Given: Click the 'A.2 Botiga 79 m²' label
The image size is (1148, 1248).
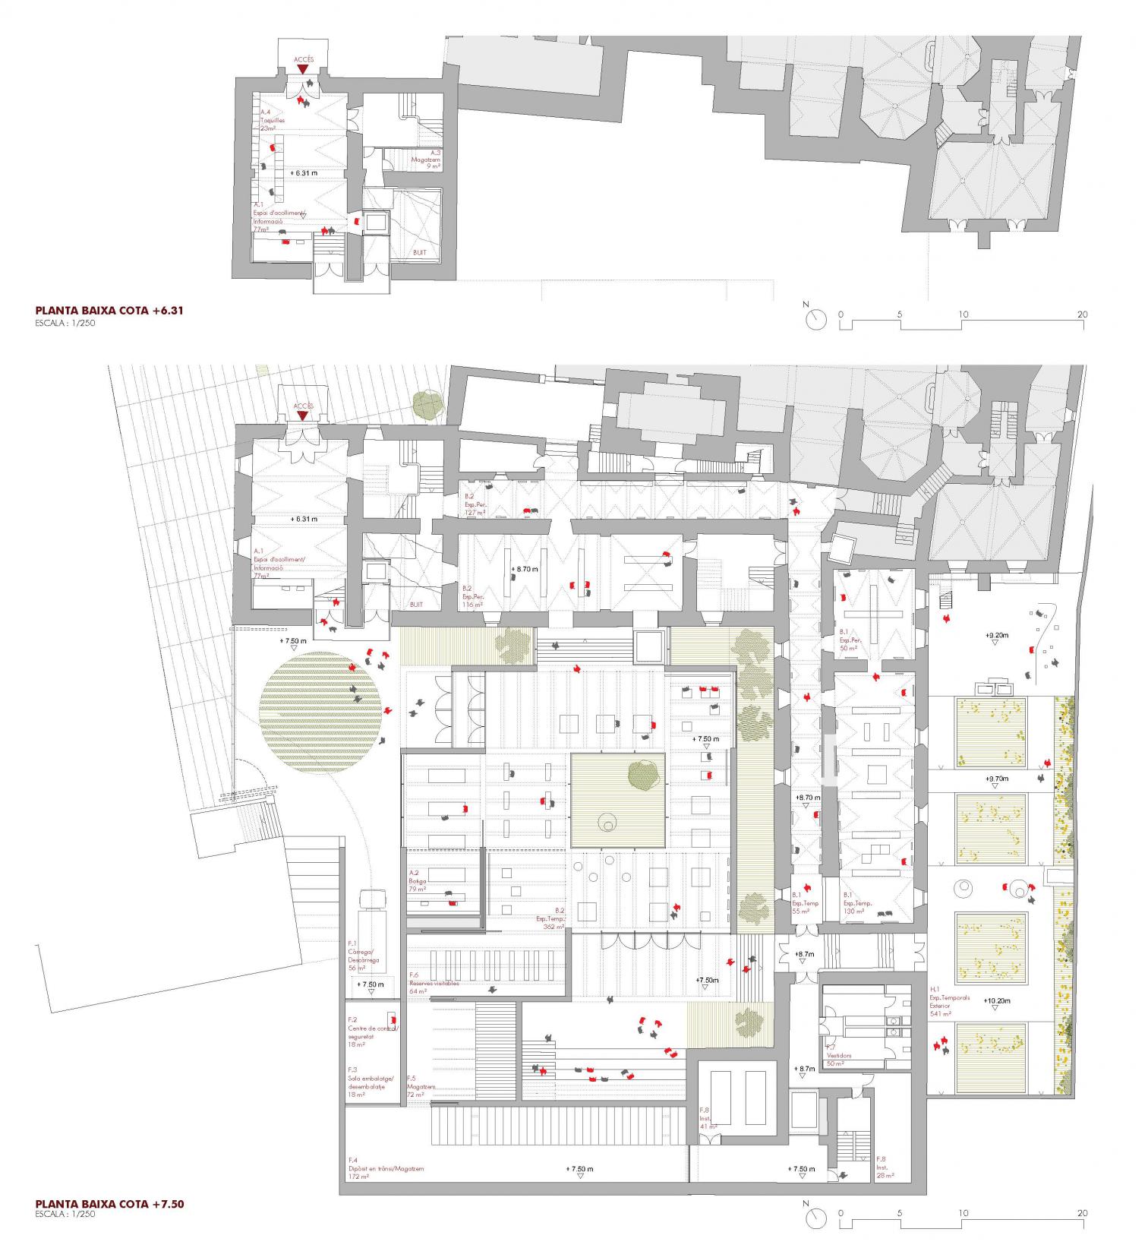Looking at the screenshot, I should (x=418, y=881).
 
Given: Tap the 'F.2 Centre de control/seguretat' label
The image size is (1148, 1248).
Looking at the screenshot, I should (x=371, y=1032).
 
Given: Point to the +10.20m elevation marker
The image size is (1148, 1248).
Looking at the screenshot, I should (x=998, y=1001).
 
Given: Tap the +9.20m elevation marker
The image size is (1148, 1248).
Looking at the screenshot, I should (x=997, y=635).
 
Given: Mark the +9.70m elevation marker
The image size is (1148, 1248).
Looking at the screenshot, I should (x=997, y=779).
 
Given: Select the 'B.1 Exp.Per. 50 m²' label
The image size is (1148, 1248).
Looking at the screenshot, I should (x=848, y=640).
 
